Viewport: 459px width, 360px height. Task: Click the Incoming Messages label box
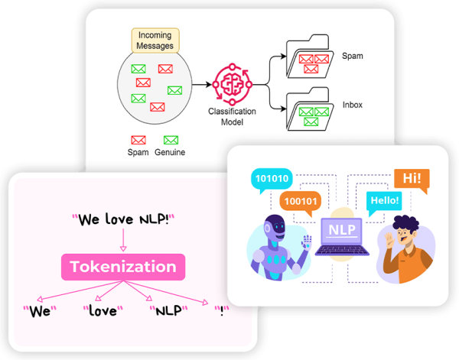pyautogui.click(x=155, y=41)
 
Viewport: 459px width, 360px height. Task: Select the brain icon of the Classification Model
pyautogui.click(x=232, y=83)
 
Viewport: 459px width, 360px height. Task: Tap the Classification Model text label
pyautogui.click(x=232, y=115)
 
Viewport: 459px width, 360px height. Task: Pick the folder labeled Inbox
pyautogui.click(x=308, y=112)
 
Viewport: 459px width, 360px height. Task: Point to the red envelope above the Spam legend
pyautogui.click(x=138, y=140)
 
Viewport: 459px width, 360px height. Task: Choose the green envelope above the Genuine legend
pyautogui.click(x=171, y=140)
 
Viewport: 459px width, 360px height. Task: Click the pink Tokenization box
pyautogui.click(x=122, y=267)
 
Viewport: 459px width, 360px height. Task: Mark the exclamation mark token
pyautogui.click(x=223, y=311)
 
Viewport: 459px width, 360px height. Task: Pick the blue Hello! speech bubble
pyautogui.click(x=383, y=199)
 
